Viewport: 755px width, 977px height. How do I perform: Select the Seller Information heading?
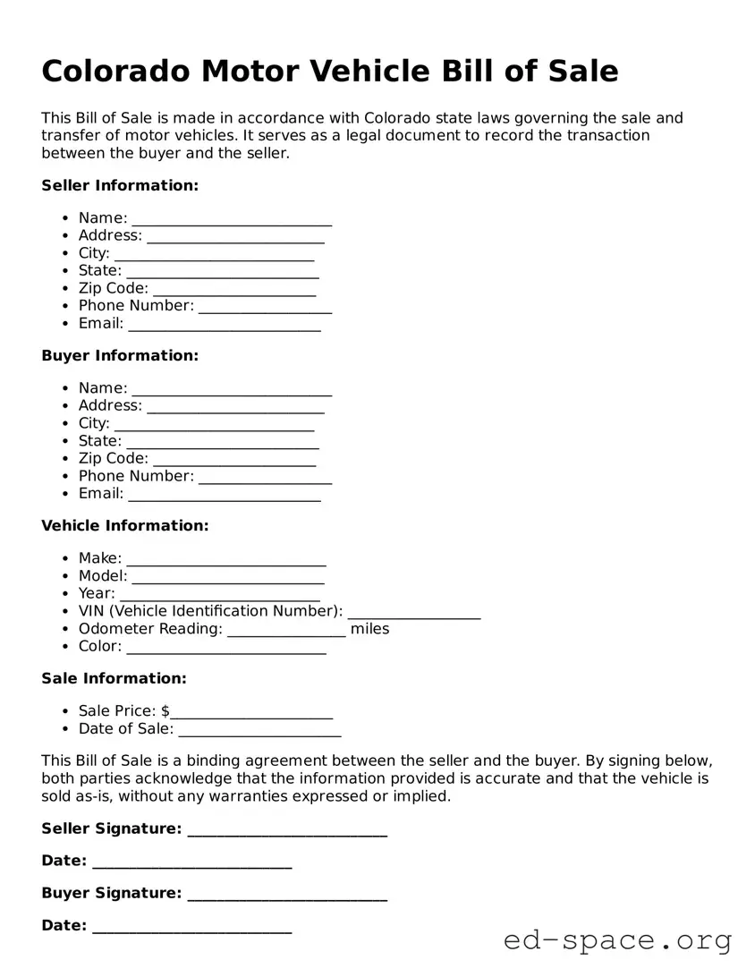click(x=120, y=185)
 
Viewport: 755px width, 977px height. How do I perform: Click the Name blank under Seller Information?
click(x=232, y=219)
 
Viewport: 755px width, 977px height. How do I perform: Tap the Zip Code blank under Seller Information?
click(x=234, y=290)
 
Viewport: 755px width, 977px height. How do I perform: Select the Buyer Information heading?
click(x=120, y=355)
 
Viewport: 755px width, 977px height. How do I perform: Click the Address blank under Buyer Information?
click(x=235, y=407)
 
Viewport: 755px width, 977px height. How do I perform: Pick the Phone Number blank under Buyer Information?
click(x=265, y=478)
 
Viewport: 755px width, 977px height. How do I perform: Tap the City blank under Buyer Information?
click(x=214, y=425)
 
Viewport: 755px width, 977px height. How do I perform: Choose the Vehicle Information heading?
click(x=125, y=525)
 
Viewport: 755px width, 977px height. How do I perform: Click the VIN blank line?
click(x=414, y=613)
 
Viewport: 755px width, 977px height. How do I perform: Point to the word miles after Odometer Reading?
click(x=370, y=629)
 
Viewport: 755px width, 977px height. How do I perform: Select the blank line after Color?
click(x=226, y=648)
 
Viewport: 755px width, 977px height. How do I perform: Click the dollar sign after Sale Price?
click(x=165, y=711)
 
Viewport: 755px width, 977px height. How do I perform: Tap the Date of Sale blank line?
click(x=259, y=730)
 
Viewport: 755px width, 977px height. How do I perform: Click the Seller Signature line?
click(x=287, y=830)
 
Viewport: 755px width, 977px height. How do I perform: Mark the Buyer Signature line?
click(x=287, y=895)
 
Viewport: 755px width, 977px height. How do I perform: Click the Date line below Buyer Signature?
click(x=191, y=927)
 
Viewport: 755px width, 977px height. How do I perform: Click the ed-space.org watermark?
click(x=617, y=940)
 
